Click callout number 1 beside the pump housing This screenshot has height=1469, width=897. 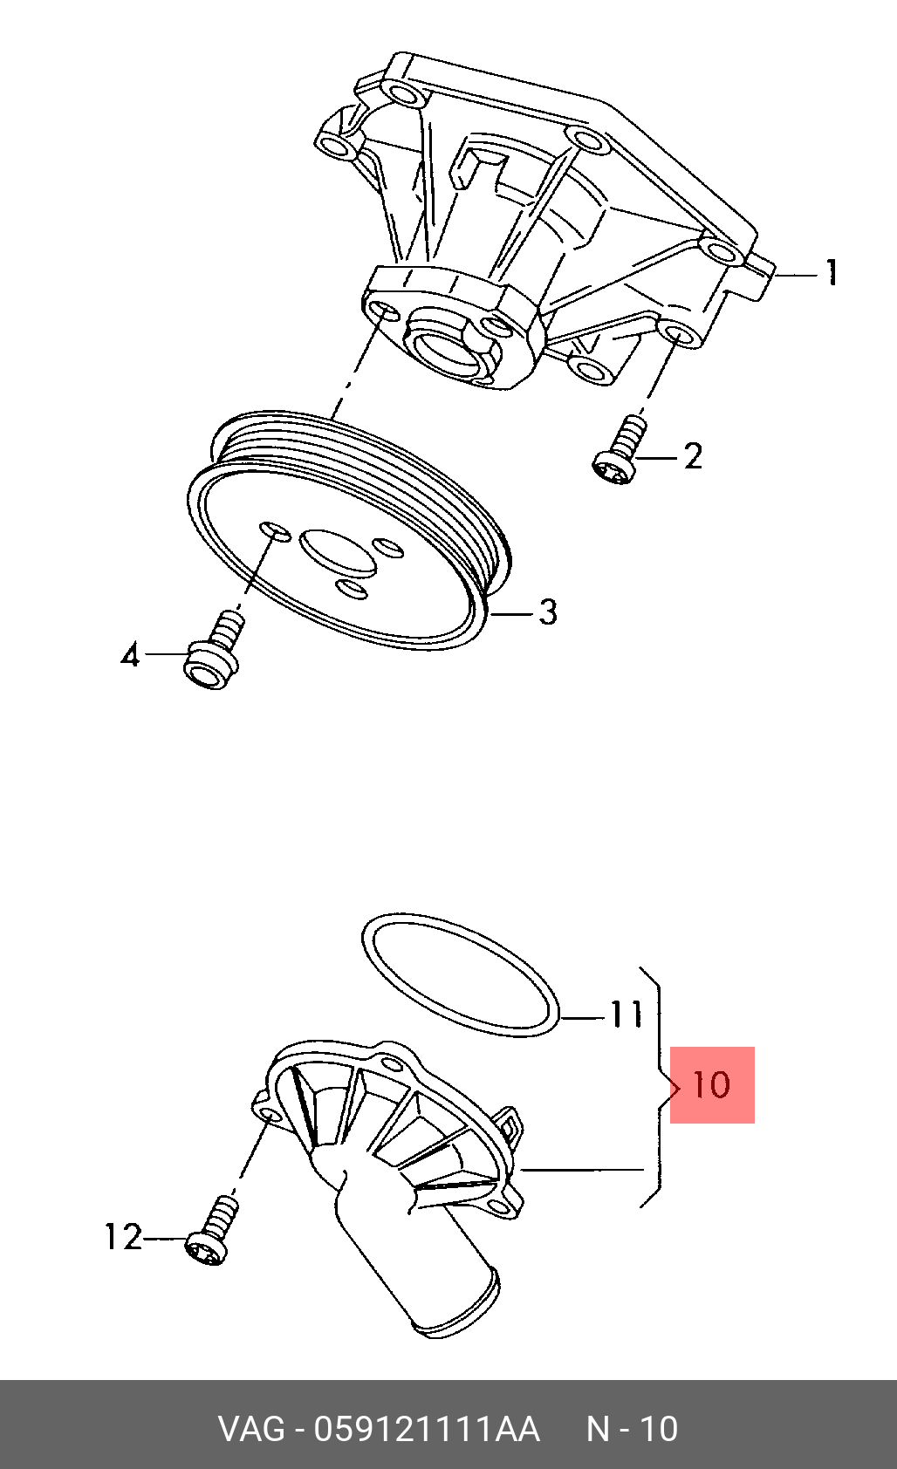832,272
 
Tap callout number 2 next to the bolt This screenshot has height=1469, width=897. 693,455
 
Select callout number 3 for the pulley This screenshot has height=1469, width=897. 547,612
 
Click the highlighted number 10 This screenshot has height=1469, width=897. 712,1085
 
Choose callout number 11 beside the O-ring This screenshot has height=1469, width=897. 626,1014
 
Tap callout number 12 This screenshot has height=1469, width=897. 124,1238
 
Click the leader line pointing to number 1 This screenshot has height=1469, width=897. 797,276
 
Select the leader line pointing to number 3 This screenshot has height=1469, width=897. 512,614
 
